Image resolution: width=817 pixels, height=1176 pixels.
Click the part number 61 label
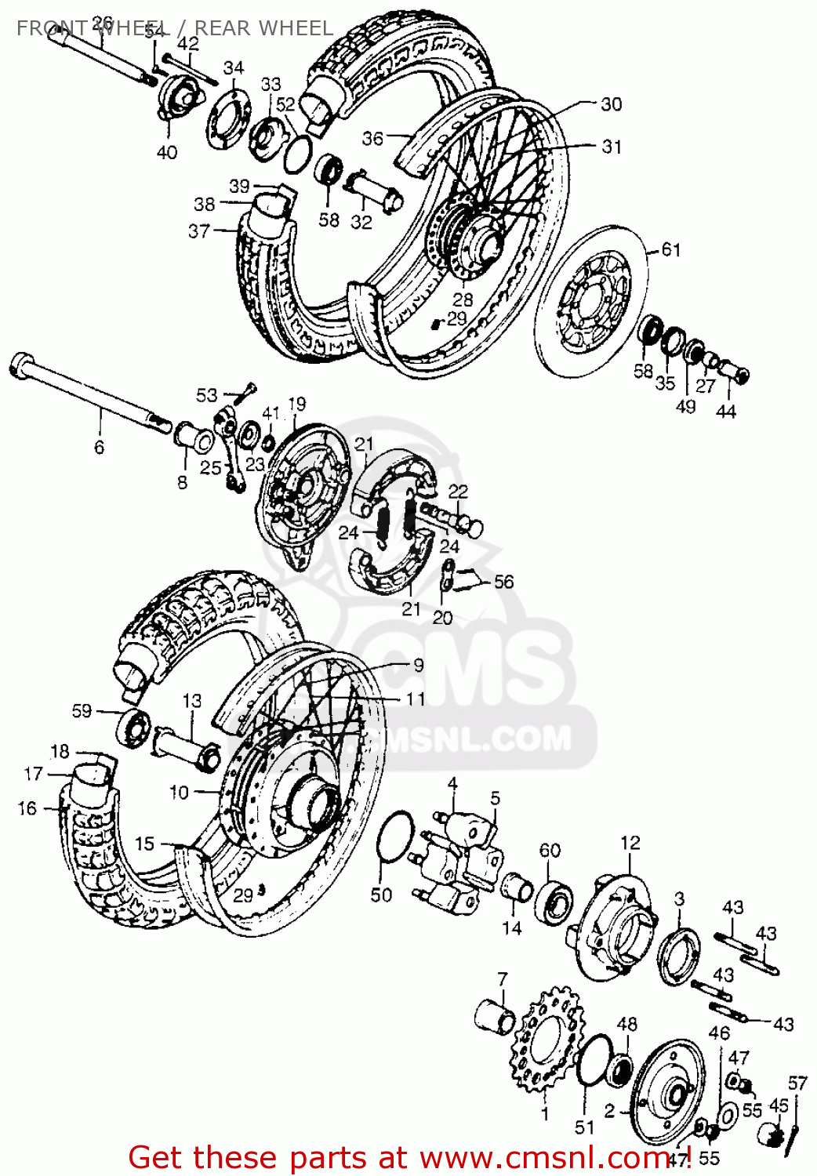pyautogui.click(x=671, y=249)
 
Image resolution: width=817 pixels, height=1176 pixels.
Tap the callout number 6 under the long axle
pyautogui.click(x=99, y=447)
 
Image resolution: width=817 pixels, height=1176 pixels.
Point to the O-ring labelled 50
pyautogui.click(x=395, y=839)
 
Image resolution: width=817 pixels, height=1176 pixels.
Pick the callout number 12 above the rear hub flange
pyautogui.click(x=630, y=843)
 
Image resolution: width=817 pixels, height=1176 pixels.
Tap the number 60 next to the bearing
pyautogui.click(x=550, y=851)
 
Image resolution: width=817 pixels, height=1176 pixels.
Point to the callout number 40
pyautogui.click(x=167, y=152)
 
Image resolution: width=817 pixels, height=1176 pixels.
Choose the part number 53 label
pyautogui.click(x=206, y=394)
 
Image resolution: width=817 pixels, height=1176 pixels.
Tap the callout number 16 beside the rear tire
pyautogui.click(x=27, y=808)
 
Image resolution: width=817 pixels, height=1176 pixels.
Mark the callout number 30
pyautogui.click(x=611, y=104)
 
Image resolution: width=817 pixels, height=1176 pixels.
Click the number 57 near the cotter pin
pyautogui.click(x=797, y=1083)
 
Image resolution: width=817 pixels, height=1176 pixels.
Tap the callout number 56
pyautogui.click(x=503, y=581)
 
